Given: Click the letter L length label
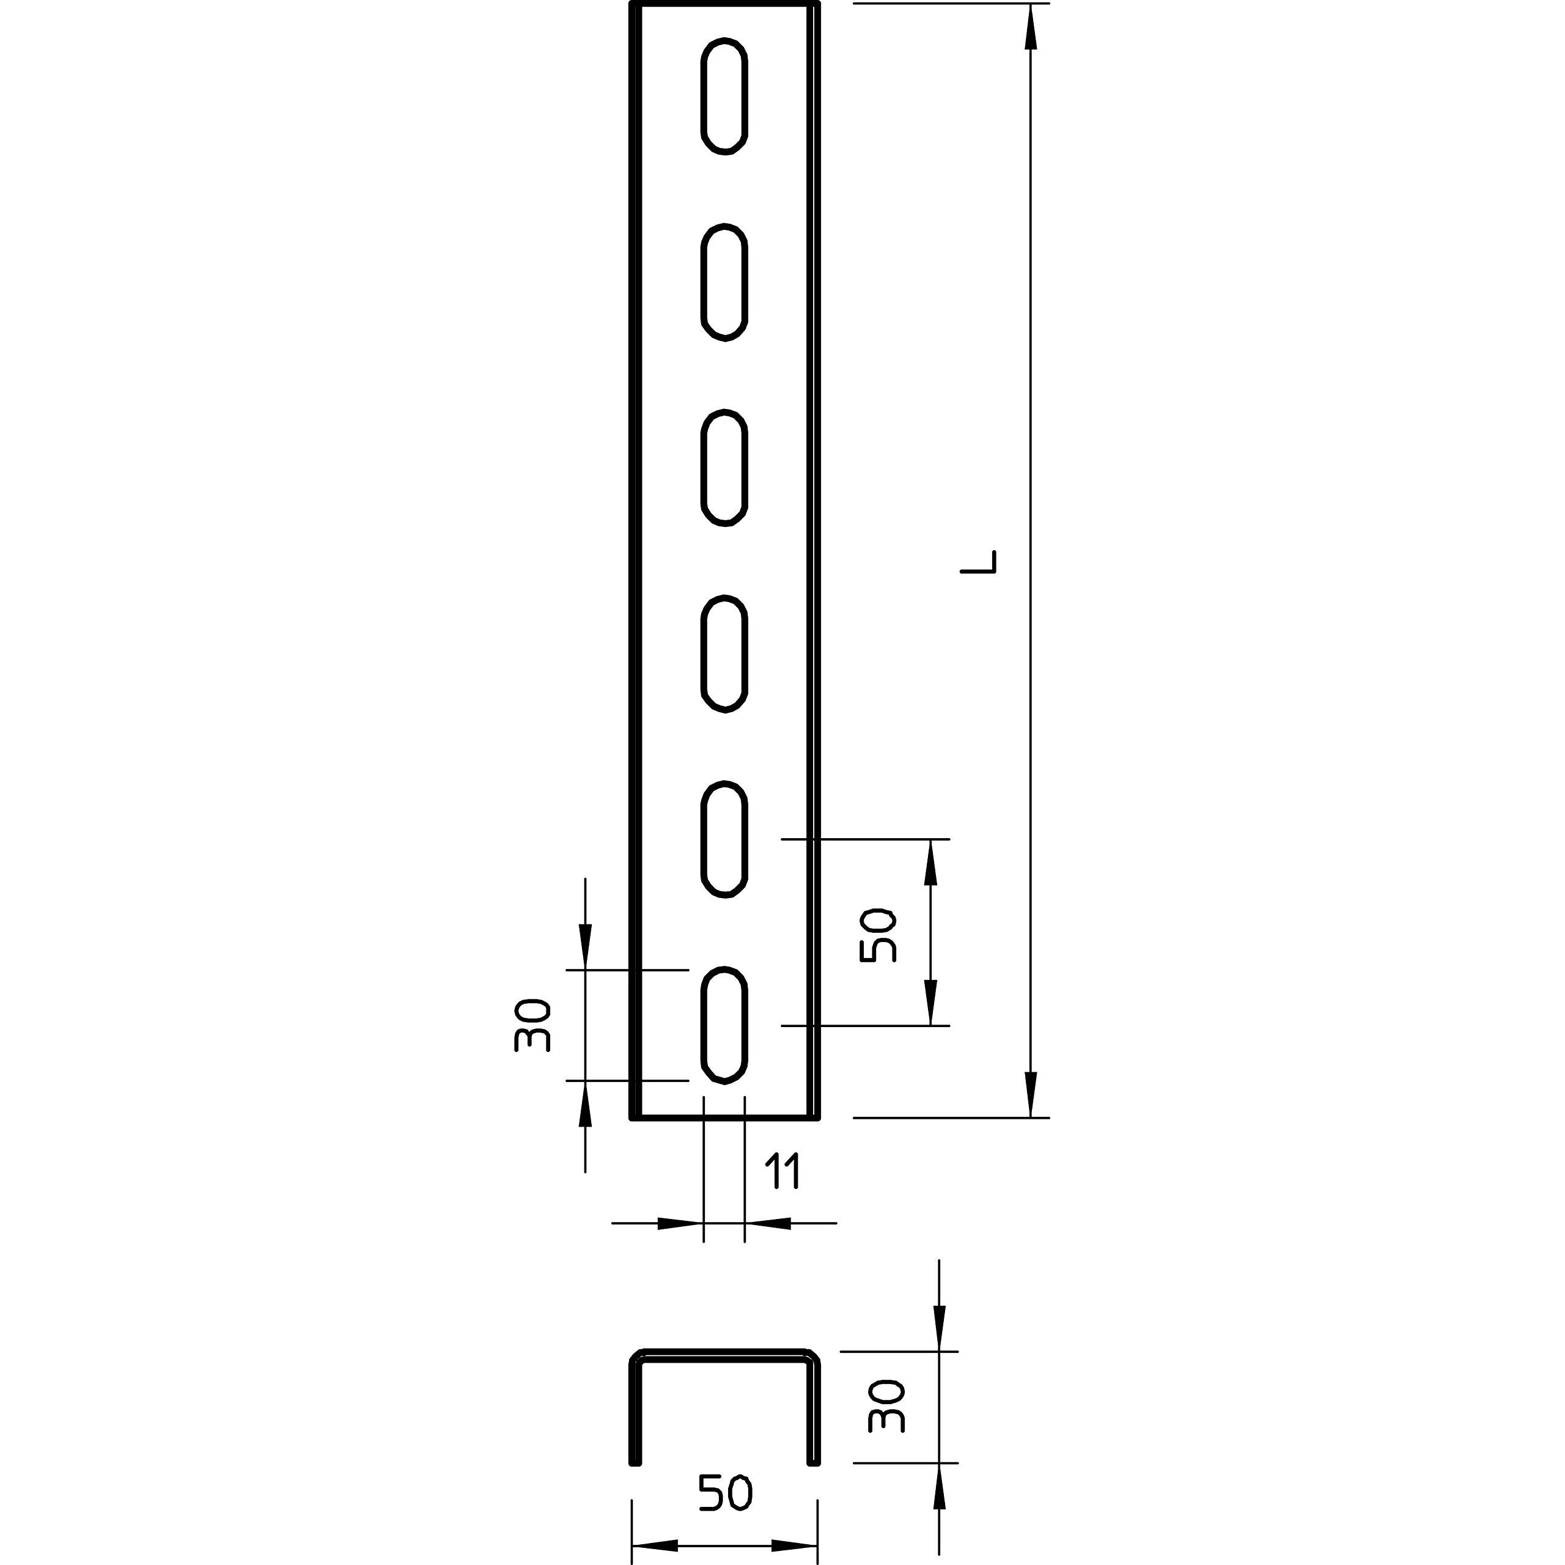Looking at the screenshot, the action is pos(979,562).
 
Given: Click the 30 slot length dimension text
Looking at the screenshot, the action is pos(532,1025).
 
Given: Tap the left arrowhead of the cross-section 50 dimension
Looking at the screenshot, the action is pos(655,1545).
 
